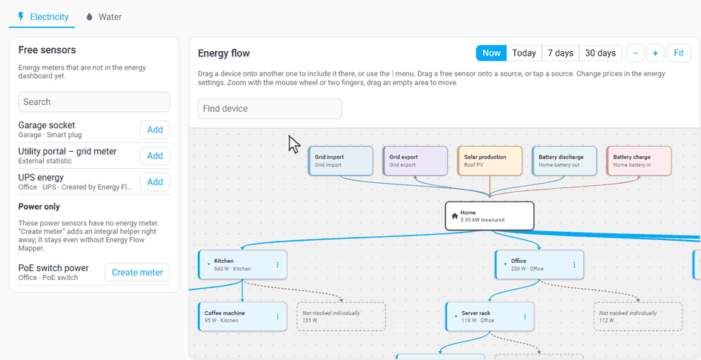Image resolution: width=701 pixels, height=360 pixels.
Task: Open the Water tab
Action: [x=103, y=17]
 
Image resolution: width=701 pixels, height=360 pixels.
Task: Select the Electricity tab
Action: [x=42, y=17]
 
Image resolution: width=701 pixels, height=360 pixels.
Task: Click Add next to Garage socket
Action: [x=155, y=130]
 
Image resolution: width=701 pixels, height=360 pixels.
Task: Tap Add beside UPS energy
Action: [x=155, y=181]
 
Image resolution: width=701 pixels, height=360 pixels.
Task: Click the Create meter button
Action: [x=137, y=273]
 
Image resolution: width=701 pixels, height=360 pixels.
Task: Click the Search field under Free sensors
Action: [x=94, y=101]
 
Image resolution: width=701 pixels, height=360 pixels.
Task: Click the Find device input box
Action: [x=270, y=109]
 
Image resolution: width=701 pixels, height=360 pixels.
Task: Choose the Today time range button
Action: [x=524, y=53]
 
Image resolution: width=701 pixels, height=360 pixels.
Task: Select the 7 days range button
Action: [x=561, y=53]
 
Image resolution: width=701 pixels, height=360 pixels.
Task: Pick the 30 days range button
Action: [x=600, y=53]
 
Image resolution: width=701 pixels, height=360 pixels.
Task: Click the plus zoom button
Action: [x=655, y=53]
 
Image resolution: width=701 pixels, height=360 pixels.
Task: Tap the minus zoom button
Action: [x=635, y=53]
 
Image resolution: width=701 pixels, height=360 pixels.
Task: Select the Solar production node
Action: [x=490, y=161]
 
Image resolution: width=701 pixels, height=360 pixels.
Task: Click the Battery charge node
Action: [x=639, y=161]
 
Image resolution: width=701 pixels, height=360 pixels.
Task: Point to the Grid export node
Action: [x=415, y=161]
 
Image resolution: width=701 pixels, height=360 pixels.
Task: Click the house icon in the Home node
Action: [x=455, y=216]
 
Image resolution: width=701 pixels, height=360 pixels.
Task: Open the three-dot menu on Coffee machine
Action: [x=278, y=317]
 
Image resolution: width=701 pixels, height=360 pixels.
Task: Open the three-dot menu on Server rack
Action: [x=525, y=317]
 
